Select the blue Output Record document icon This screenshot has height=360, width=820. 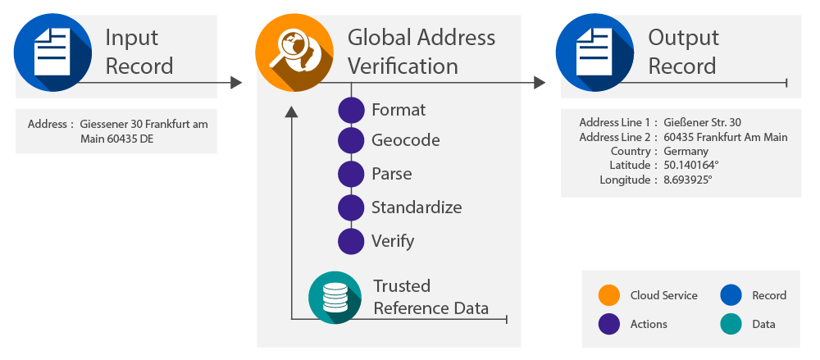click(x=588, y=51)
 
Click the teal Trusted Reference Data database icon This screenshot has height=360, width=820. click(x=335, y=297)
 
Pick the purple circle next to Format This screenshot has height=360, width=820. click(x=351, y=110)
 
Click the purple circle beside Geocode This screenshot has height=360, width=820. click(x=351, y=140)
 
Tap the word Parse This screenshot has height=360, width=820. click(x=391, y=174)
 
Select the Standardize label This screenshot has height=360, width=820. click(x=416, y=207)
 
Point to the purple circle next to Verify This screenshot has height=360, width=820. click(x=351, y=241)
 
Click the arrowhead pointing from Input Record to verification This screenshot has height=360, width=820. click(x=236, y=83)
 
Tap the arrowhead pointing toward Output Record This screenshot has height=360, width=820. click(x=539, y=83)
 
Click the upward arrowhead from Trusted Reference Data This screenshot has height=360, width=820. click(x=290, y=112)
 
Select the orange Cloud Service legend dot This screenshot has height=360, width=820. click(x=608, y=295)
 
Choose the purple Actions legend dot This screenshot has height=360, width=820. click(x=608, y=325)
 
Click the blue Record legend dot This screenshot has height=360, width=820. click(x=731, y=295)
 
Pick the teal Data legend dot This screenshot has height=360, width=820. click(x=731, y=325)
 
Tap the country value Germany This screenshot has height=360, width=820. click(x=686, y=152)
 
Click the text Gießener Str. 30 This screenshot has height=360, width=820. click(x=703, y=122)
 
